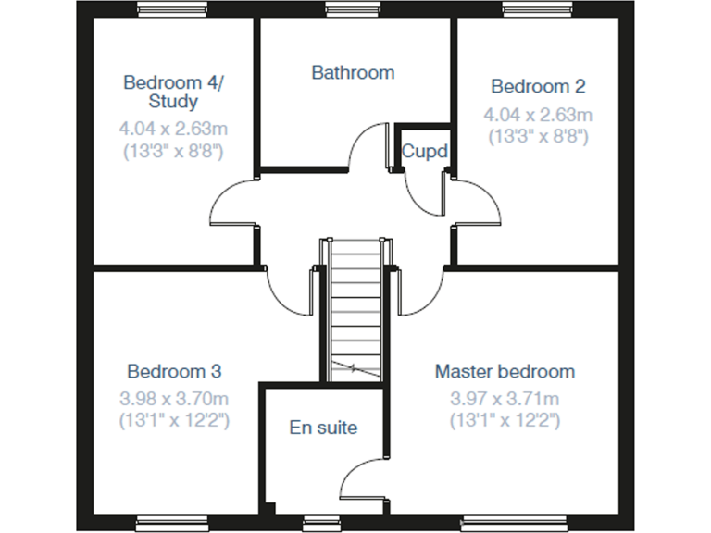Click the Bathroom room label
[x=353, y=72]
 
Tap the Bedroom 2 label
[x=538, y=87]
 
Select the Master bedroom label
[x=505, y=372]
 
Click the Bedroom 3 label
[x=174, y=372]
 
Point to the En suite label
[x=323, y=428]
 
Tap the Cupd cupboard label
[x=424, y=151]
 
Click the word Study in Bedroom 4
[x=173, y=102]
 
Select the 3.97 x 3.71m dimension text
[x=505, y=400]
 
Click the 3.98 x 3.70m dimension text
[x=174, y=400]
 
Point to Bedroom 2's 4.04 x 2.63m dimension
[x=538, y=115]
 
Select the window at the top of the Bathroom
[x=354, y=10]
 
